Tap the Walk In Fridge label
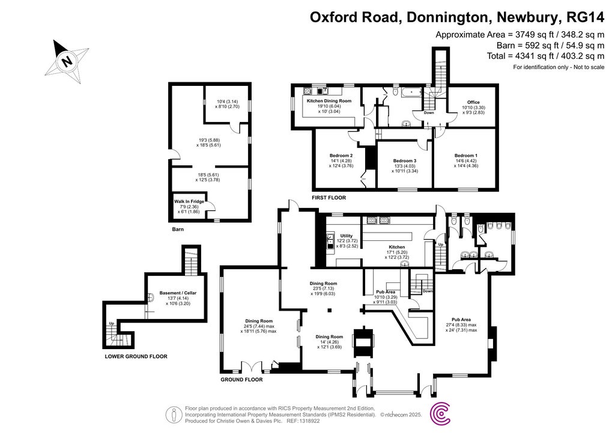(x=189, y=201)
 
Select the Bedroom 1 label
(x=465, y=155)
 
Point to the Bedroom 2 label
(x=341, y=155)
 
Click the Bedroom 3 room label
(x=405, y=160)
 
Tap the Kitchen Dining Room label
(x=329, y=101)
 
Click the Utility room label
(x=346, y=236)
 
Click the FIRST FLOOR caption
(x=329, y=197)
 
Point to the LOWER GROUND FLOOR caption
(x=136, y=356)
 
